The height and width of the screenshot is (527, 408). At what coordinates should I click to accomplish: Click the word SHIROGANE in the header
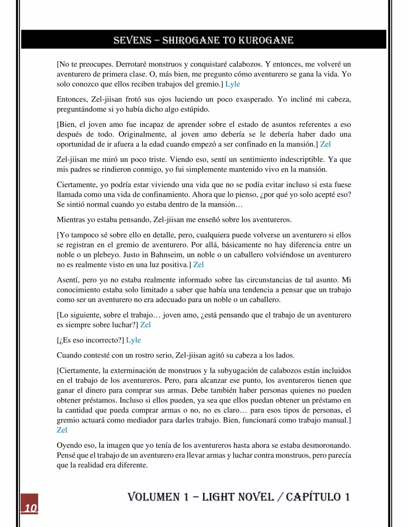189,40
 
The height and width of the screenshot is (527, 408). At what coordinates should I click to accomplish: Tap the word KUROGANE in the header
266,40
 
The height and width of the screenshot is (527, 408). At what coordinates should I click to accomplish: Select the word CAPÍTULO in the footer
313,497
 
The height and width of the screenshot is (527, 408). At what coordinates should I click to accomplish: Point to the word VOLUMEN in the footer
154,497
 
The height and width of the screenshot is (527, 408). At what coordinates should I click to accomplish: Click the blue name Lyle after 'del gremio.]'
232,84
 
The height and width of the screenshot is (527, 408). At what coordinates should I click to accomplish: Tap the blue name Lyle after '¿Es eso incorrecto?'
133,340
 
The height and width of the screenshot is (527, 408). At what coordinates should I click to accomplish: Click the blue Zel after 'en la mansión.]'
325,144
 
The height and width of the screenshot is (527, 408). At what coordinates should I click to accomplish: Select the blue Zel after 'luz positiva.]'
198,264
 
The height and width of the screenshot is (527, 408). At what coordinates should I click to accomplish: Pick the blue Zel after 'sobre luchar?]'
145,325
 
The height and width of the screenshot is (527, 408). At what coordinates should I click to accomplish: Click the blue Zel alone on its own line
62,430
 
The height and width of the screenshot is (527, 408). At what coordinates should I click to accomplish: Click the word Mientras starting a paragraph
71,220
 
